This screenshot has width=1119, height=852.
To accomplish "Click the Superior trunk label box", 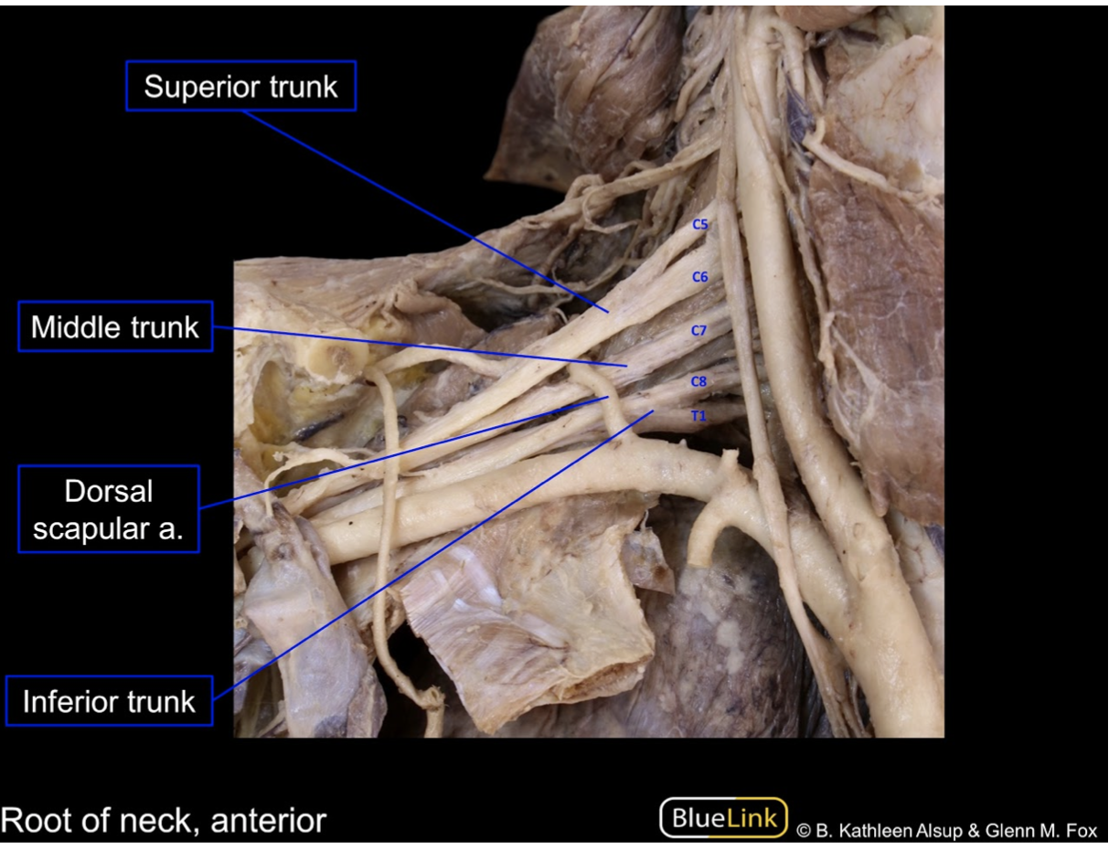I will (240, 88).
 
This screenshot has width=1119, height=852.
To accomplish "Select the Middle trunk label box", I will (115, 326).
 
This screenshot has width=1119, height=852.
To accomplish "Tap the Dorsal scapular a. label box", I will (109, 509).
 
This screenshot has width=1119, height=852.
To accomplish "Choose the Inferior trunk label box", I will (109, 702).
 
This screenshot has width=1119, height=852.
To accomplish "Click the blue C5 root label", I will (700, 224).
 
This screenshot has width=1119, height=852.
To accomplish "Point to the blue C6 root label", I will (700, 277).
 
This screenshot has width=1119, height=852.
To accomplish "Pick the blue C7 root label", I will (699, 331).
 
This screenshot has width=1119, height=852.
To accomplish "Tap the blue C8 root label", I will (699, 382).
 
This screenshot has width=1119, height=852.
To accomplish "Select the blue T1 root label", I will (699, 414).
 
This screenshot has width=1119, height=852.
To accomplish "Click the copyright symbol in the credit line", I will (804, 831).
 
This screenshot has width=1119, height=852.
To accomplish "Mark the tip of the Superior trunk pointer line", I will (609, 313).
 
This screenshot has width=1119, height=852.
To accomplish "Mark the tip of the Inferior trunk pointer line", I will (655, 411).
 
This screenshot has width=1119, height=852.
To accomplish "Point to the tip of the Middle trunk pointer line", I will (628, 366).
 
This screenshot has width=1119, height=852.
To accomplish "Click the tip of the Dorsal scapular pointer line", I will (609, 397).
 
